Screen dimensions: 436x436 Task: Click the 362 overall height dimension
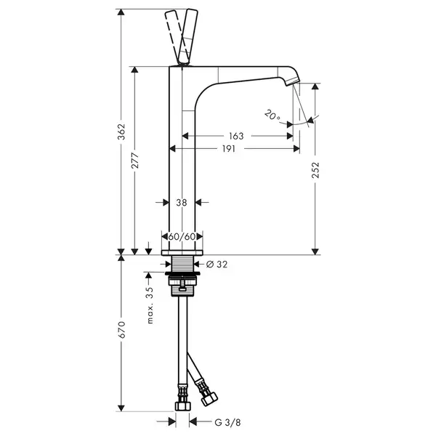pos(122,132)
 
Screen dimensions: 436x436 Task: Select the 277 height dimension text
pos(135,161)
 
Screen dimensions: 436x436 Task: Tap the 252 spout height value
pos(315,170)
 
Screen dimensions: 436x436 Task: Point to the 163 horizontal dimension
pos(236,136)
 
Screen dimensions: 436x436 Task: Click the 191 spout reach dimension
pos(229,149)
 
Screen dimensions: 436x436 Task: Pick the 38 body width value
pos(182,203)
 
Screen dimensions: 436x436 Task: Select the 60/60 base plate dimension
pos(182,237)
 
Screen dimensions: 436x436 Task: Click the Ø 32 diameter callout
pos(217,265)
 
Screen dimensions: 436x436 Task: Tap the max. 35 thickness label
pos(150,305)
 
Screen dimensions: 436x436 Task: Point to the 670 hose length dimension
pos(122,330)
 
